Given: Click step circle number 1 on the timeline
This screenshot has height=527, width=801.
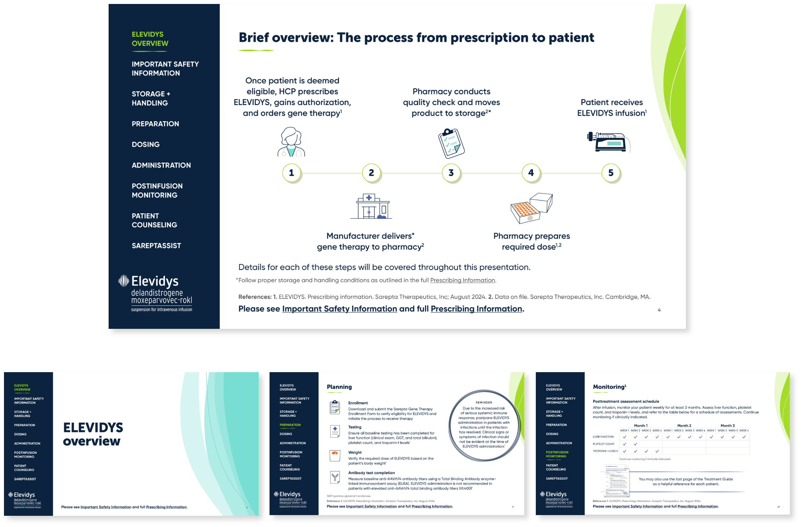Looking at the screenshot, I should (292, 173).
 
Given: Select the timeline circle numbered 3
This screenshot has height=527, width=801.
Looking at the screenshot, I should (451, 173).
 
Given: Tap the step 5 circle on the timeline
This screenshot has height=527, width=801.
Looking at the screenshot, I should (611, 173).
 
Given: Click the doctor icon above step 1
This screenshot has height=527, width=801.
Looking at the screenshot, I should (291, 142).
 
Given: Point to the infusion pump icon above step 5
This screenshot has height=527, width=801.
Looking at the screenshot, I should (608, 142).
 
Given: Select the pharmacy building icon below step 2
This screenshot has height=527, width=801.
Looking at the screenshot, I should (371, 206).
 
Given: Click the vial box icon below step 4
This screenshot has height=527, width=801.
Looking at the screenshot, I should (531, 208).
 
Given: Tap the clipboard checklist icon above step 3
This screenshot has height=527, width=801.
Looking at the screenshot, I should (451, 143).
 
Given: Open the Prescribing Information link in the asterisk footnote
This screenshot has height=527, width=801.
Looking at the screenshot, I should (462, 280).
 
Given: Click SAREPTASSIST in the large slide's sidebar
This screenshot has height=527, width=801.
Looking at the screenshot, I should (156, 246).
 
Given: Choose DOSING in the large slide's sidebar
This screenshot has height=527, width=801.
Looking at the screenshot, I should (145, 144).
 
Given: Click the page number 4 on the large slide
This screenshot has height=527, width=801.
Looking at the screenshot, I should (659, 310).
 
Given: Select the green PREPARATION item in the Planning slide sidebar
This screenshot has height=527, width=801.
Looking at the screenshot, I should (290, 425).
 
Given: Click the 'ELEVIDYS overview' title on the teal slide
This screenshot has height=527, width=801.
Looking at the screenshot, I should (93, 434).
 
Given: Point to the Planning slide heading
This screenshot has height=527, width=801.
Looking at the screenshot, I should (339, 387).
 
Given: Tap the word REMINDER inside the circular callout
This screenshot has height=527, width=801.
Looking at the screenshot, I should (484, 402).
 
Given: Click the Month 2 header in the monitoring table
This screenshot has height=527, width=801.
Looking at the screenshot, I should (684, 426).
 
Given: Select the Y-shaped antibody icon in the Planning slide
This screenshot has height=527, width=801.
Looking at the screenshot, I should (335, 478).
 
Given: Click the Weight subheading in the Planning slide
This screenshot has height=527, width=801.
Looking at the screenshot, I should (355, 452).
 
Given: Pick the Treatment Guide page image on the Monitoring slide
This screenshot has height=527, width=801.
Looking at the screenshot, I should (617, 480).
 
